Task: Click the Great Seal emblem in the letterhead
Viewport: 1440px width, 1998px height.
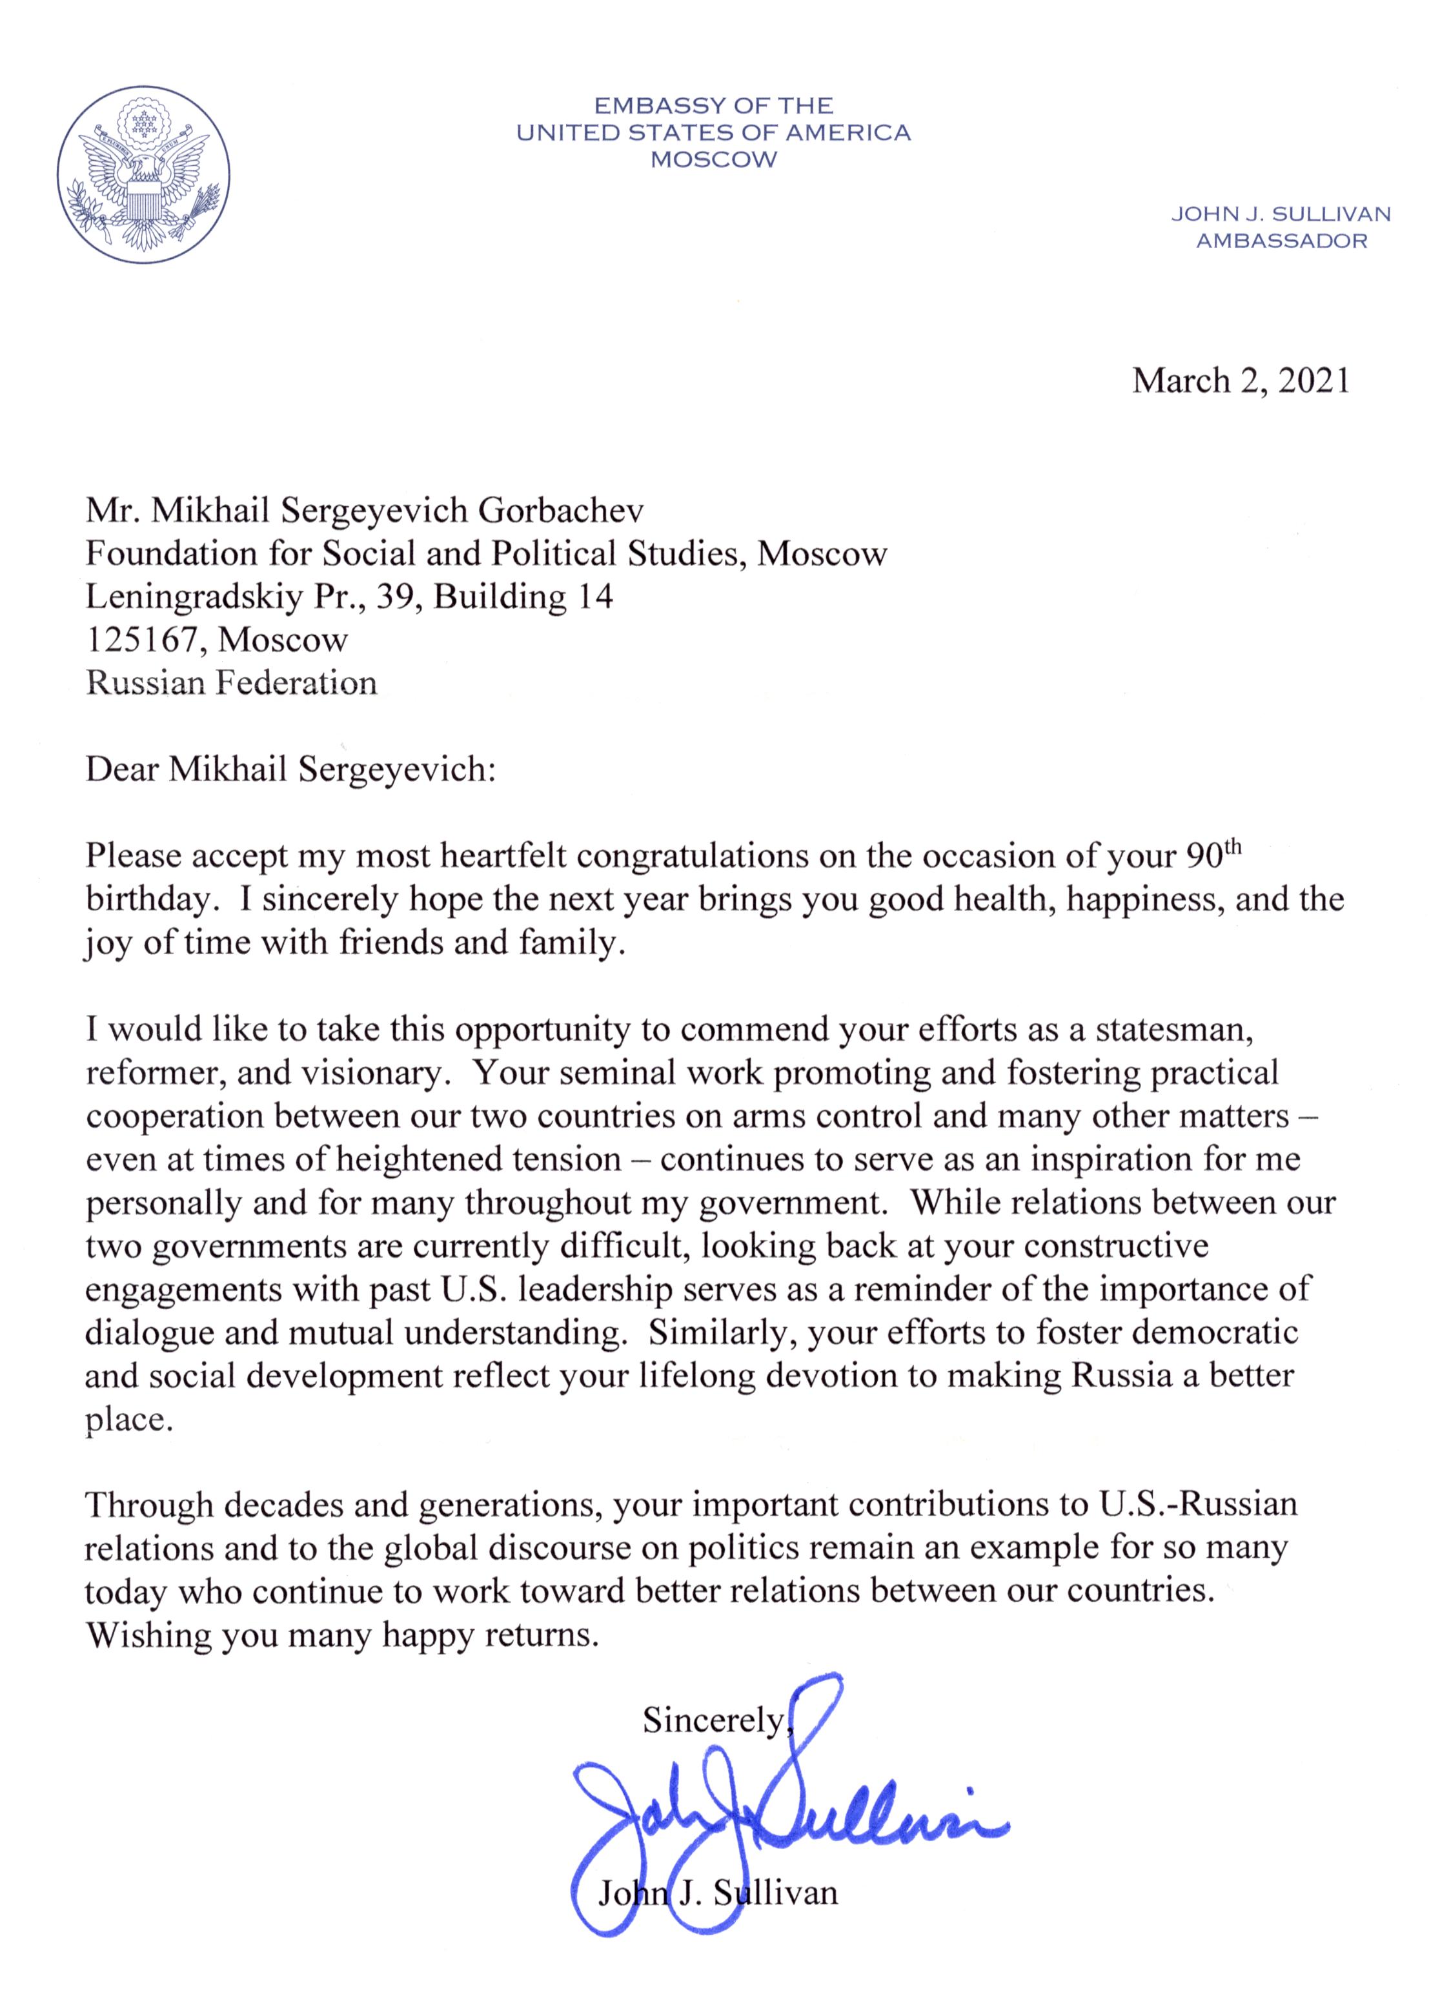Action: [x=143, y=174]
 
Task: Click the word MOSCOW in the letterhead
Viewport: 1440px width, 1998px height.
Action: [x=713, y=159]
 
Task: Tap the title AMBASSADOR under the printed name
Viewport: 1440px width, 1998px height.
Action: [x=1281, y=241]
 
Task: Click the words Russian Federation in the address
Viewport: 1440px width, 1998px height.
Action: [x=231, y=683]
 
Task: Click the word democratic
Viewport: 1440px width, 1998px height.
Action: [x=1215, y=1331]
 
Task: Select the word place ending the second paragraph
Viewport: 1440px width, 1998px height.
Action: [x=128, y=1419]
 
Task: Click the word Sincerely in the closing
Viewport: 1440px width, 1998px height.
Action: [x=713, y=1717]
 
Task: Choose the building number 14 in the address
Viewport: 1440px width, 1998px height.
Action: [x=594, y=596]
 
